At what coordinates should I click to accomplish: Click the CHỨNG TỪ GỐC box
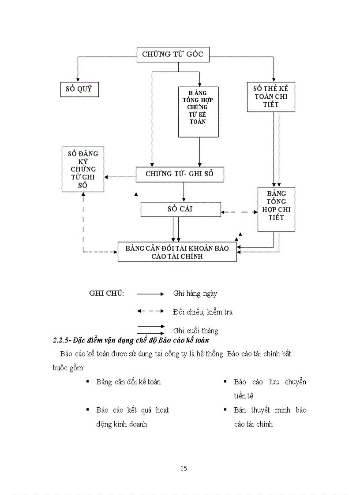coord(172,54)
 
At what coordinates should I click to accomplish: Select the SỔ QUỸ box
coord(79,89)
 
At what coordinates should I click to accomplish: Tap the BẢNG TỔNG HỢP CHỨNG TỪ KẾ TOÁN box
coord(199,111)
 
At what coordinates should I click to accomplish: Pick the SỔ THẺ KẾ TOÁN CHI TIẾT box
coord(271,97)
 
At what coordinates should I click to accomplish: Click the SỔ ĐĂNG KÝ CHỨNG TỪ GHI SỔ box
coord(83,169)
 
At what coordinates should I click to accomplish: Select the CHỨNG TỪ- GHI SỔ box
coord(180,174)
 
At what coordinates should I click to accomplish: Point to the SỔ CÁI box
coord(180,209)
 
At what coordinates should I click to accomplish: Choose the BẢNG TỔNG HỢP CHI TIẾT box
coord(276,209)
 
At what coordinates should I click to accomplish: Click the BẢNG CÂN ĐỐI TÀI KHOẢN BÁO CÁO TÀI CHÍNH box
coord(177,252)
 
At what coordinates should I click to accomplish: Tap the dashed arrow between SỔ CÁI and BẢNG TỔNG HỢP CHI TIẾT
coord(239,212)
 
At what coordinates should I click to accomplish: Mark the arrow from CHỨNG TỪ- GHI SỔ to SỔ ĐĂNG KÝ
coord(120,177)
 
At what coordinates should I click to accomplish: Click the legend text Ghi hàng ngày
coord(195,293)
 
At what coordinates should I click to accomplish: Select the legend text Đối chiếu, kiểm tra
coord(202,312)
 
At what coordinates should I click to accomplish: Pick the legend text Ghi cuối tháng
coord(195,331)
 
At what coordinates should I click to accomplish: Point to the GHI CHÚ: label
coord(106,293)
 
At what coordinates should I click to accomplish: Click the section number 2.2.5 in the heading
coord(61,341)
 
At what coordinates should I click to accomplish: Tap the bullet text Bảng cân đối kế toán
coord(128,382)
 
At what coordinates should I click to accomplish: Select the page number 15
coord(184,469)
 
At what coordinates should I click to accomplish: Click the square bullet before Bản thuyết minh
coord(225,410)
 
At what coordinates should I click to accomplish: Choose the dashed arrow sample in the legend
coord(150,311)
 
